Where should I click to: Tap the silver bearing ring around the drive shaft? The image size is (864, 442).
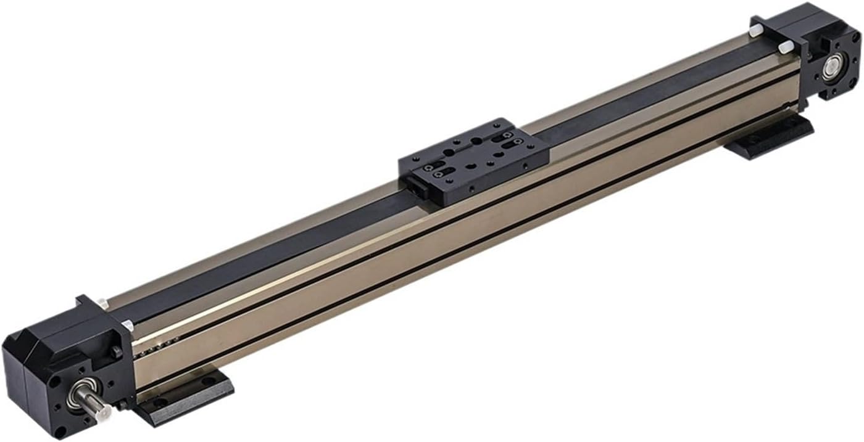tap(81, 393)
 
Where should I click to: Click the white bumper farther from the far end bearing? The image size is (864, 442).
tap(755, 30)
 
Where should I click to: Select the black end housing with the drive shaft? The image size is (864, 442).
tap(68, 364)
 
